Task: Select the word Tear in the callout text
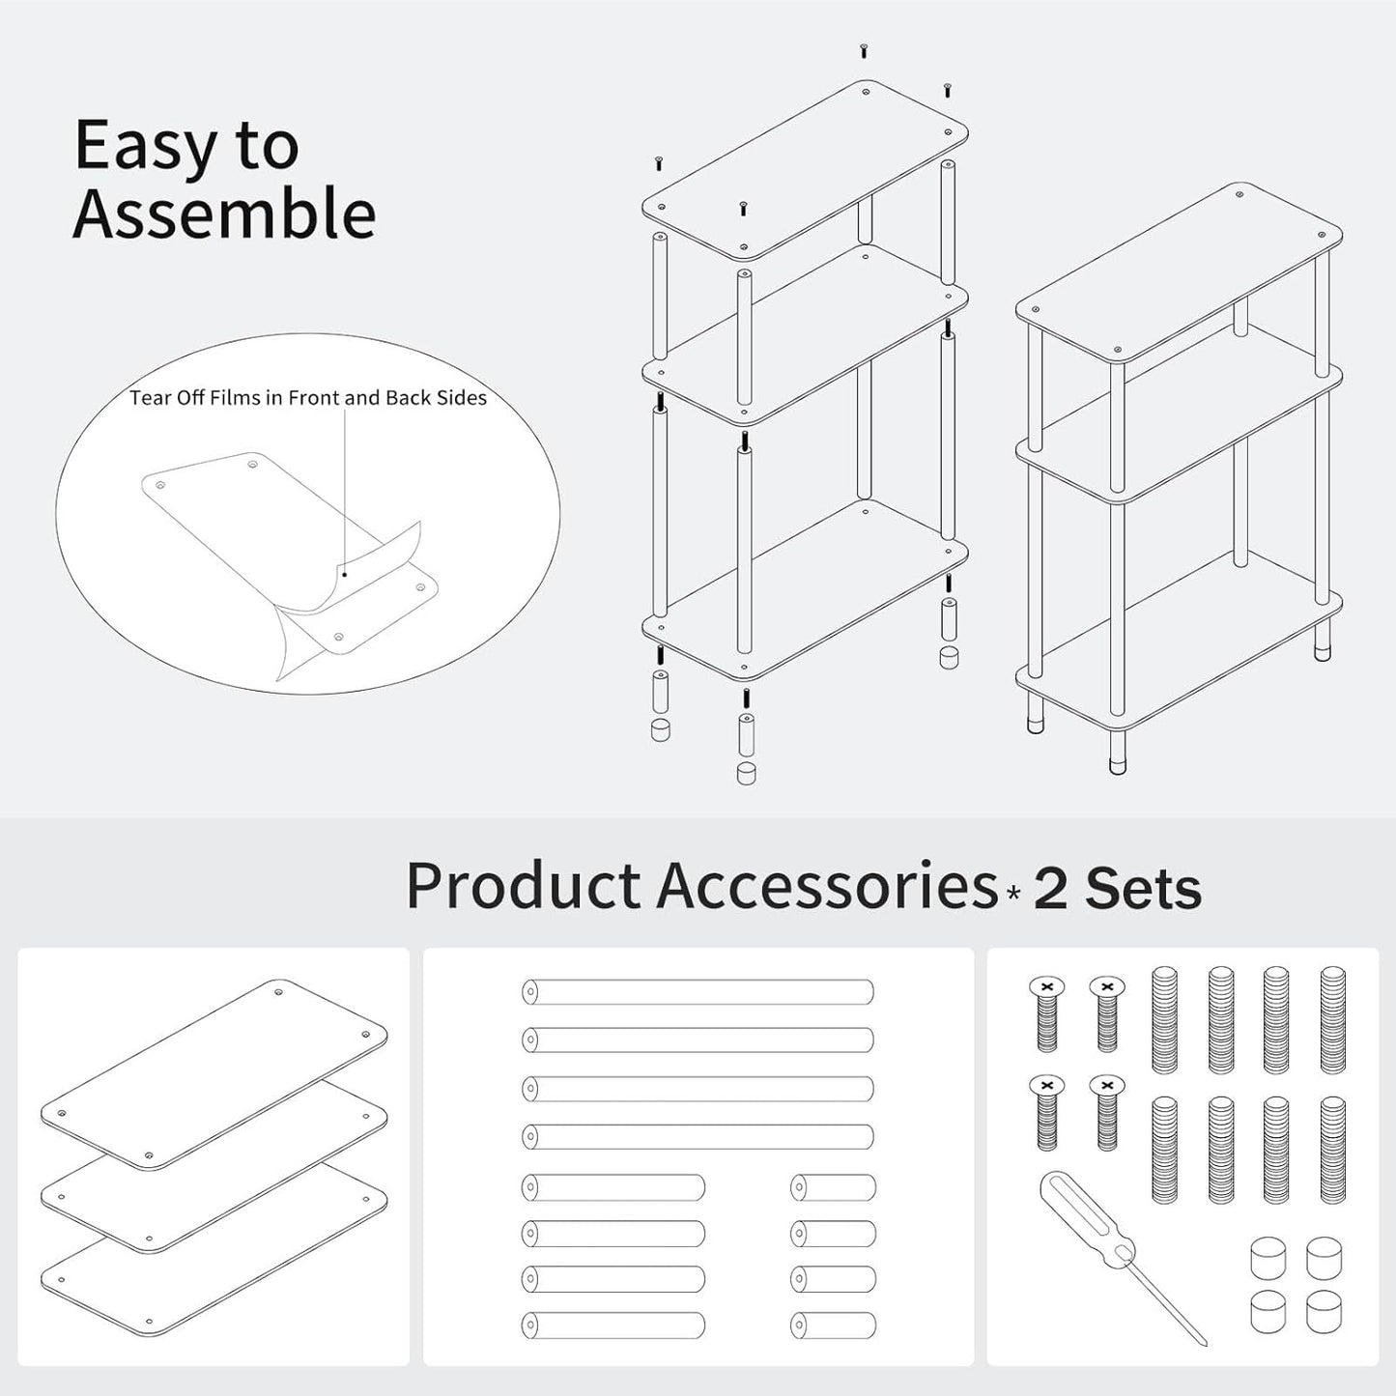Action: coord(150,397)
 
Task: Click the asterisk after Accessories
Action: coord(1013,893)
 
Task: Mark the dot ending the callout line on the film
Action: coord(345,575)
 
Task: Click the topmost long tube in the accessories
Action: coord(698,992)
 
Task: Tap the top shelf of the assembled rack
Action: coord(1179,271)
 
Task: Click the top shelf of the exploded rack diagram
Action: coord(804,170)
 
